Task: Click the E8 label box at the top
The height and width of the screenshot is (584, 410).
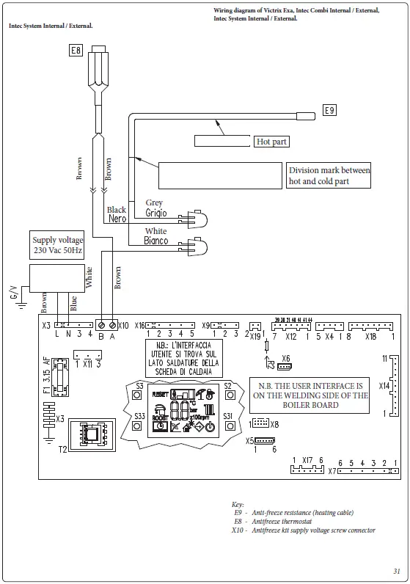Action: [76, 51]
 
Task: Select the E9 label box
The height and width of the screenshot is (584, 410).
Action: [329, 110]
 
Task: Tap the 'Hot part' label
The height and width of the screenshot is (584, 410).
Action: [271, 142]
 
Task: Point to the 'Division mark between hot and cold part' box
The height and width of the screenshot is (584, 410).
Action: [329, 175]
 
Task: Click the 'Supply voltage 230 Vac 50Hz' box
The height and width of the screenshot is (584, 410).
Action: [57, 245]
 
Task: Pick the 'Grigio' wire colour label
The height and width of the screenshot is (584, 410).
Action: [155, 213]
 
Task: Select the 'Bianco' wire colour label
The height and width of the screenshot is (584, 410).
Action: [155, 241]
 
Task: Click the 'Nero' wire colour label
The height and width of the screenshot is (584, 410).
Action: [117, 219]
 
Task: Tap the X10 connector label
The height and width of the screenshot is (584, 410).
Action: [123, 325]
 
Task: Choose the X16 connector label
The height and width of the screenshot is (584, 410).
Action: [141, 325]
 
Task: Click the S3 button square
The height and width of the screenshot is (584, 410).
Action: [137, 394]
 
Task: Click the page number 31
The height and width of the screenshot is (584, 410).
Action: [396, 571]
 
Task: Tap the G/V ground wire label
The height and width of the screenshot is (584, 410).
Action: [12, 292]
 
